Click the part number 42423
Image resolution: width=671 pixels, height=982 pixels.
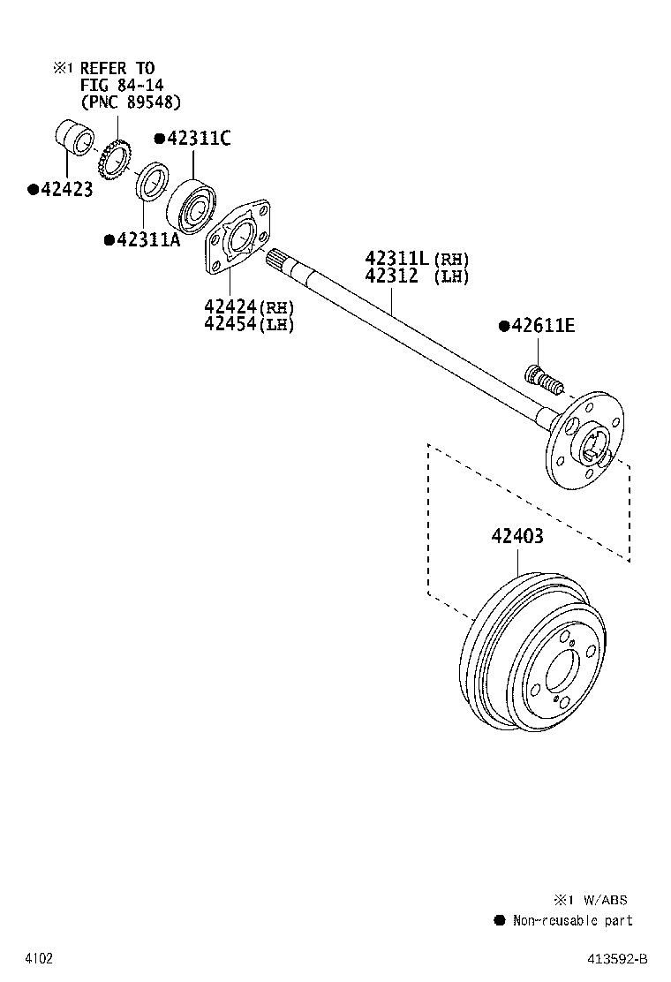point(65,189)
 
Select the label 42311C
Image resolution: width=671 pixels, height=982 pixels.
point(198,139)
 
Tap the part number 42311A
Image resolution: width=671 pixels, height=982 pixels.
point(147,240)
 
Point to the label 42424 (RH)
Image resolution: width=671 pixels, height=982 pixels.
point(248,306)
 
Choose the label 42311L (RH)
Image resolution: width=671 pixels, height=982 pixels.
point(417,259)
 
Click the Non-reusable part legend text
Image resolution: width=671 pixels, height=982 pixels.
point(572,920)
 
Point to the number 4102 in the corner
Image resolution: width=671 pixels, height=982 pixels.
point(39,958)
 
